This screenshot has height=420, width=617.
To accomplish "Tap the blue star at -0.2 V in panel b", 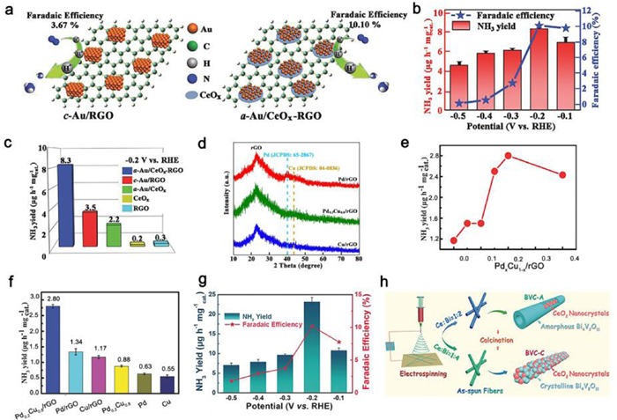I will pos(539,26).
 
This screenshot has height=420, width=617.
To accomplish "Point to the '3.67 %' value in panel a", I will pos(43,26).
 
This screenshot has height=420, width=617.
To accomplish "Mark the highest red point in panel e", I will pos(509,155).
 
